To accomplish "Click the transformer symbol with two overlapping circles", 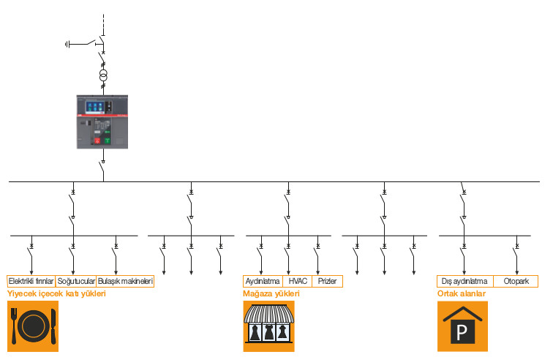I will coord(104,75).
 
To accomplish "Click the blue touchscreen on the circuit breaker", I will coord(94,107).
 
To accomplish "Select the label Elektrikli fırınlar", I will coord(31,281).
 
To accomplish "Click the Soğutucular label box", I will coord(76,281).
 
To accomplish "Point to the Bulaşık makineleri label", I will coord(125,281).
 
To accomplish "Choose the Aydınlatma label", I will coord(262,281).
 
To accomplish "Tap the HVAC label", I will coord(297,281).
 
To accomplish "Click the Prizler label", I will coord(327,281).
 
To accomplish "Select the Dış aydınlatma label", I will coord(465,281).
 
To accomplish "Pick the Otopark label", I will coord(516,281).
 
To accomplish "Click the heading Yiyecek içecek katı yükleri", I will coord(56,293).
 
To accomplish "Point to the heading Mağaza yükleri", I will coord(271,293).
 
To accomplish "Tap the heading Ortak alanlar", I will coord(462,293).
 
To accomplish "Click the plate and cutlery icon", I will coord(33,326).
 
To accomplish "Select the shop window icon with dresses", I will coord(268,326).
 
